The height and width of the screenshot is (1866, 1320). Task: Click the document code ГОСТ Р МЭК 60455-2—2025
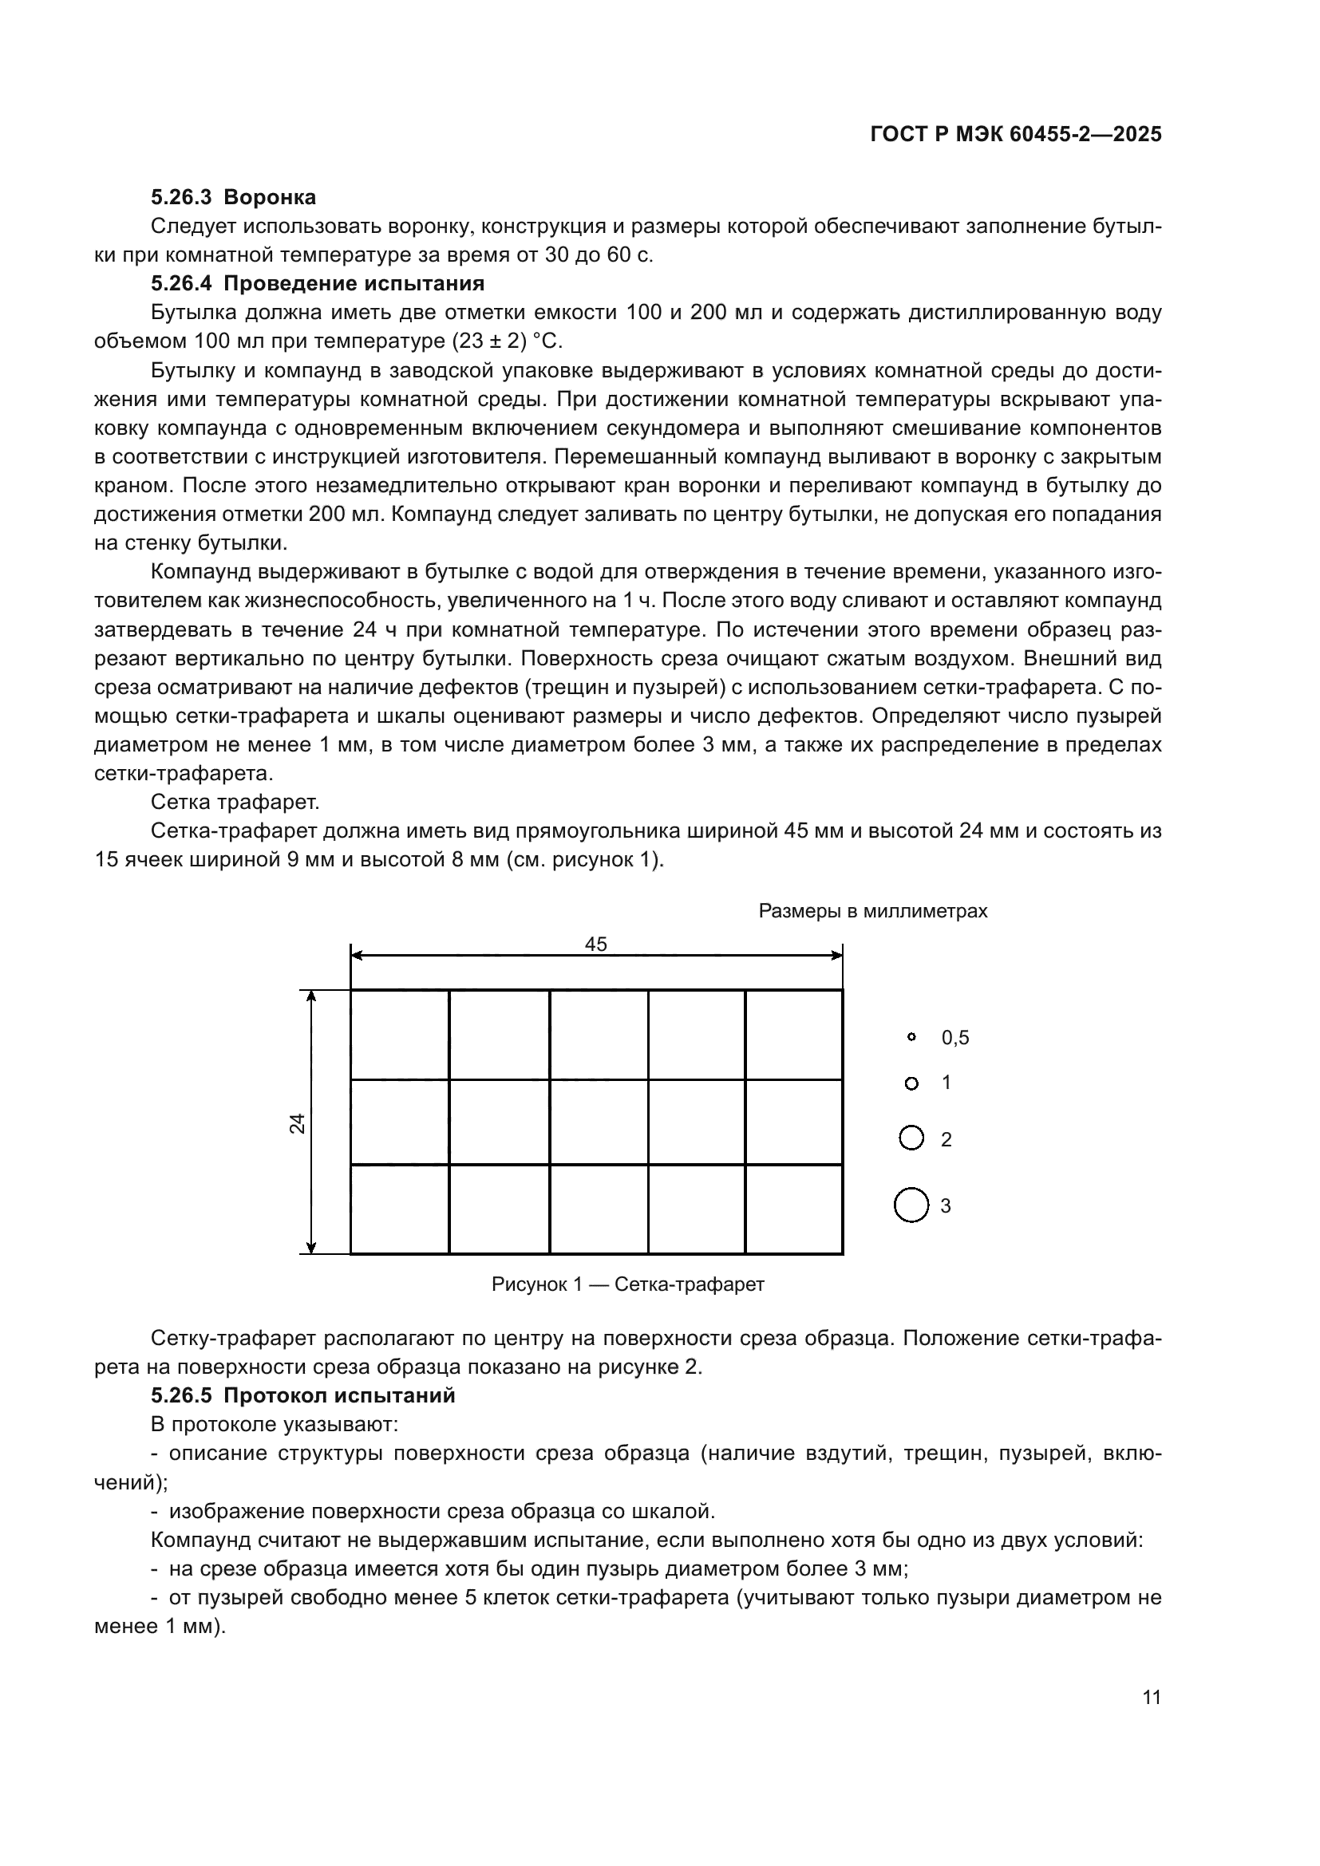pos(1015,135)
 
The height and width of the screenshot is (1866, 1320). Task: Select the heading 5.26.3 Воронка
pos(233,197)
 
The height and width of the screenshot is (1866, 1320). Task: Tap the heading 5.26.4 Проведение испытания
pos(317,284)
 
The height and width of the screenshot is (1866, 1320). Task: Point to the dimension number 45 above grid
pos(596,944)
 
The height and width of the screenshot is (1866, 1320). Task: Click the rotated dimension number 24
pos(298,1123)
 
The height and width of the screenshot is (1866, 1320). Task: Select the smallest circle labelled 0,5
pos(911,1037)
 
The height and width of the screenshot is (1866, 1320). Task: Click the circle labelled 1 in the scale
pos(911,1083)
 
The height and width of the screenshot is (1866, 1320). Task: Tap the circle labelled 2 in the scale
pos(911,1138)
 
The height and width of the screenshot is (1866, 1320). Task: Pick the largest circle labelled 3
pos(911,1205)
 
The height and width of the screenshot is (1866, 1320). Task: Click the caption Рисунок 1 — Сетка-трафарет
pos(627,1284)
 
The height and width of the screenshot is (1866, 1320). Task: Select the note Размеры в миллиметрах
pos(872,911)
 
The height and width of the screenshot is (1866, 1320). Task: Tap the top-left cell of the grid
pos(399,1035)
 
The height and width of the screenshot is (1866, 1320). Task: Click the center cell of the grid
pos(599,1122)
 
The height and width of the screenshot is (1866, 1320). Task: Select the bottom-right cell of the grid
pos(793,1209)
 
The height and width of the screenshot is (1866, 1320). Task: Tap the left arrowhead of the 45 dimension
pos(357,957)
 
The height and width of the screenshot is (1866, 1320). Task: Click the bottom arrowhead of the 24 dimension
pos(311,1247)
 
